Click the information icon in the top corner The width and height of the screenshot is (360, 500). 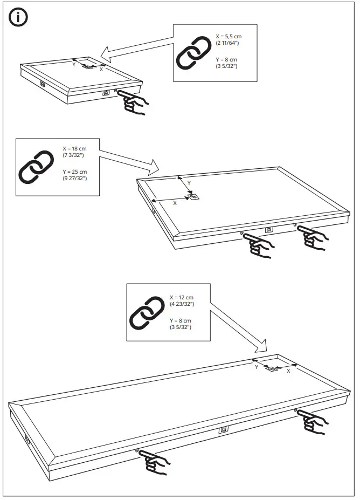(18, 17)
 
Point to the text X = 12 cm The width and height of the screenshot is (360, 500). (182, 297)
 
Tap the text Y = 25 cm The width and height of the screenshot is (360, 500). (75, 172)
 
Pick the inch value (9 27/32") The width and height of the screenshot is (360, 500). (75, 178)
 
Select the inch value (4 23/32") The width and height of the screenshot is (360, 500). (182, 304)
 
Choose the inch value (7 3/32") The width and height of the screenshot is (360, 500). (73, 155)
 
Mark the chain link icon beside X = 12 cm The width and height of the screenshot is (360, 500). (147, 313)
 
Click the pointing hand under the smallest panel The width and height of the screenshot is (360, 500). (133, 101)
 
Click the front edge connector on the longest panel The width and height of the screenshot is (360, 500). (223, 430)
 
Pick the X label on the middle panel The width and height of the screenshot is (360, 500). (174, 203)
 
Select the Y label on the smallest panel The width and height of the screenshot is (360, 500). (74, 64)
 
